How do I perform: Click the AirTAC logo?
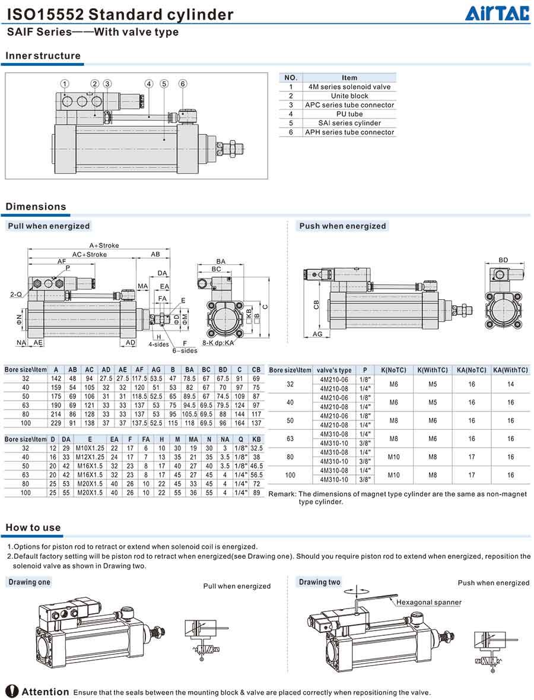click(x=497, y=13)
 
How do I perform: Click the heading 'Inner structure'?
click(x=43, y=56)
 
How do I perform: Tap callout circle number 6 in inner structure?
click(x=183, y=84)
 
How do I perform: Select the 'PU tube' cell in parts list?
click(x=349, y=114)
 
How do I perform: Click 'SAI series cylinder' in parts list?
click(x=349, y=123)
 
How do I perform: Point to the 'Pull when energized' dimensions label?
click(x=49, y=226)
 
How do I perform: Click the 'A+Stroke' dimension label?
click(x=104, y=245)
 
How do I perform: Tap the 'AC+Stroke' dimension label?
click(x=90, y=254)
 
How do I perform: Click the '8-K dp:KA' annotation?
click(x=218, y=343)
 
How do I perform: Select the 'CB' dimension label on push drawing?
click(x=316, y=305)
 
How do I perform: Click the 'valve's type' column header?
click(x=334, y=370)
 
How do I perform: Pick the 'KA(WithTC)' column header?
click(x=510, y=370)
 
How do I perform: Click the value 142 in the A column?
click(x=56, y=378)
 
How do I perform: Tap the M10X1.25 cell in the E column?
click(x=90, y=448)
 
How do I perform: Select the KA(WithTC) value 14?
click(x=510, y=384)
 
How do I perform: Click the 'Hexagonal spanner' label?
click(x=429, y=603)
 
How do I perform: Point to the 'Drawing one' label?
click(x=29, y=582)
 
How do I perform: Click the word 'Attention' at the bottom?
click(x=46, y=692)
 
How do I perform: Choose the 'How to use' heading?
click(x=33, y=528)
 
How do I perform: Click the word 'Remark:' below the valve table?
click(x=282, y=494)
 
